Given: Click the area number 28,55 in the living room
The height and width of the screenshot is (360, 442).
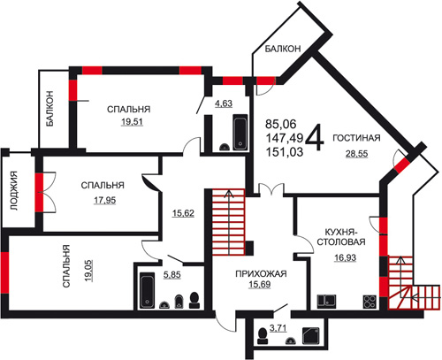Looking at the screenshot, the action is coord(356,154).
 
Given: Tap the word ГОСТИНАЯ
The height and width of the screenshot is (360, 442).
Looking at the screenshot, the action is coord(356,138).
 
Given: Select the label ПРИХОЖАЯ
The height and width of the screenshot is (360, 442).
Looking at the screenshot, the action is coord(261,273).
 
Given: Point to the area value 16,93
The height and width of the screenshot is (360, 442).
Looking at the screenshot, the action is coord(345,257).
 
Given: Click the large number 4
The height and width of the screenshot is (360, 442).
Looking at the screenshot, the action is coord(315,137).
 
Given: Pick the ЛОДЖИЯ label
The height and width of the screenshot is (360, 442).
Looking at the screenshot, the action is coord(14,190).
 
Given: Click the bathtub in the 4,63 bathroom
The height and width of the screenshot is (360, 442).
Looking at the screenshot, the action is coord(240,133).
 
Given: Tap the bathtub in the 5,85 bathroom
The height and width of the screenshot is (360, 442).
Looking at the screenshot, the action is coord(147,290).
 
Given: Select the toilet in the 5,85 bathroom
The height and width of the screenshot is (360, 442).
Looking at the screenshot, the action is coord(194,300).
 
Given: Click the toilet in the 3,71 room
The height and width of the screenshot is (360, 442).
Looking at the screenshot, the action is coord(263,336).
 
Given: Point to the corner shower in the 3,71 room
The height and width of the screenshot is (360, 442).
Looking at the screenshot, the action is coord(311,335).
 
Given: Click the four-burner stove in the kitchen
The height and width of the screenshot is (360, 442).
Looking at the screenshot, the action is coord(370,302).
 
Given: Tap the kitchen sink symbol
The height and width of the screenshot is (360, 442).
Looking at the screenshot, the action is coord(327,302).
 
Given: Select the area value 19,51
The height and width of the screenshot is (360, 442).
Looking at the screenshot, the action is coord(132,121).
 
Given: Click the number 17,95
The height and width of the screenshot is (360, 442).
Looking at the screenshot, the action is coord(105,201).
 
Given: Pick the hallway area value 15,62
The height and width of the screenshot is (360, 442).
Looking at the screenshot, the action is coord(183,213).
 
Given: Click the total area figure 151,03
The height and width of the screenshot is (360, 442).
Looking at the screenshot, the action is coord(285,152).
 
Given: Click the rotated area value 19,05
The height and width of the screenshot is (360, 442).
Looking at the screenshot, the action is coord(88,271).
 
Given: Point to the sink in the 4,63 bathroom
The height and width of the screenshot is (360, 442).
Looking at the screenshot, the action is coord(225,147).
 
